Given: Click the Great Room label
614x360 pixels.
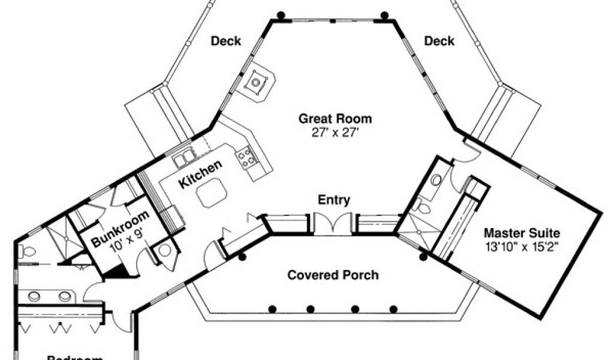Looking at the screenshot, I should point(335,118).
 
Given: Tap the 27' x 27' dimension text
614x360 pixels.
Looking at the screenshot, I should point(335,133).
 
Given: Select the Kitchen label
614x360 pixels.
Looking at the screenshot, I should point(200,175).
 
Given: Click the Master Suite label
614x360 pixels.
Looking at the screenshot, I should point(522,232).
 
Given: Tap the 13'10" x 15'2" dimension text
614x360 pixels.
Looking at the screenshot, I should point(522,246).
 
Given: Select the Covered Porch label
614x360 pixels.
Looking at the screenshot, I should point(333,275).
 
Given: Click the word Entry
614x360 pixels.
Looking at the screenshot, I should point(333,200).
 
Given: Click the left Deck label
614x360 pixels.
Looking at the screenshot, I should point(226,41).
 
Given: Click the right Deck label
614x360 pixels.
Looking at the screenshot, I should point(439,41).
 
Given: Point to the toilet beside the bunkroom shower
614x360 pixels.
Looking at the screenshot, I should point(23,251).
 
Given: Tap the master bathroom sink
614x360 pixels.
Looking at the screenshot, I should point(437,179).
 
